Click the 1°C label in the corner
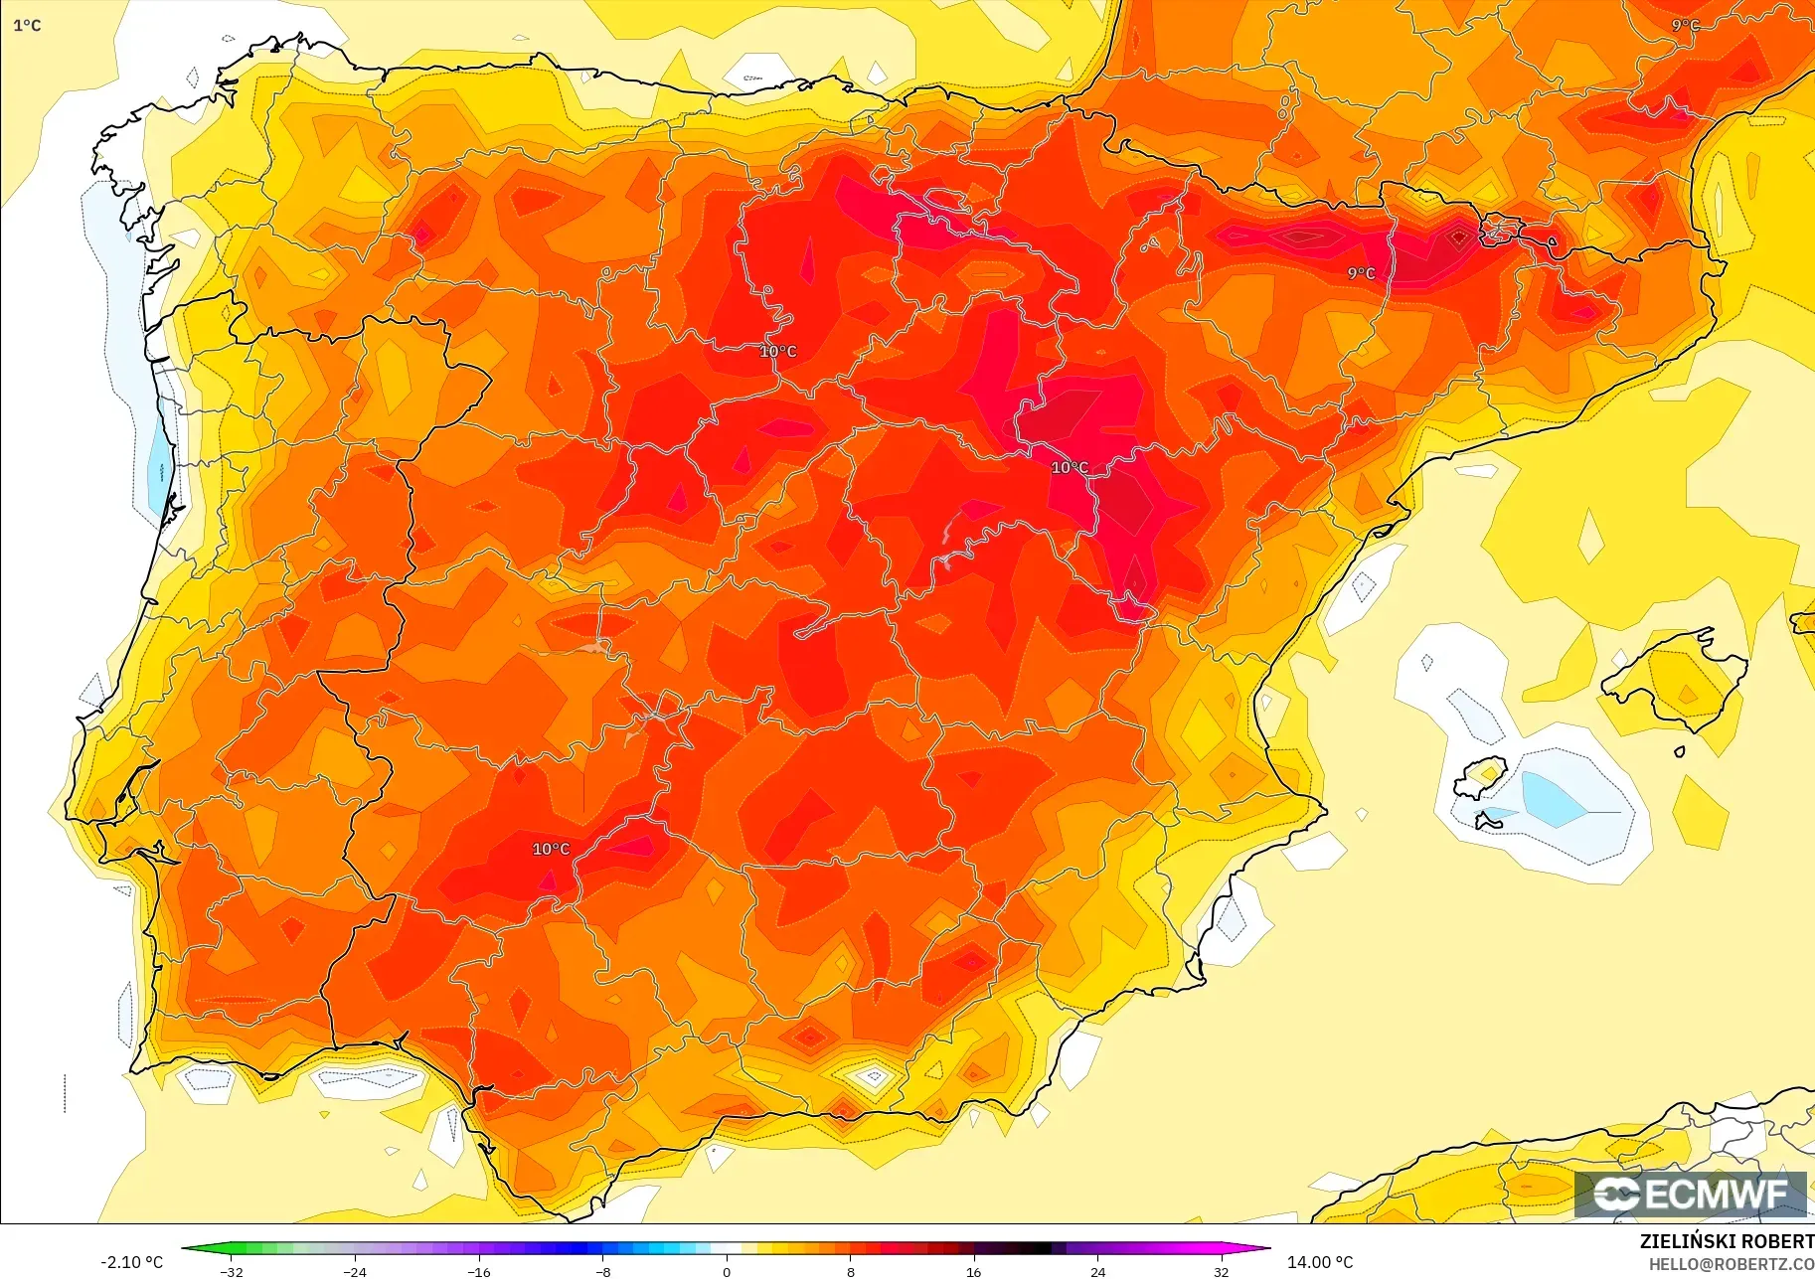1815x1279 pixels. [27, 25]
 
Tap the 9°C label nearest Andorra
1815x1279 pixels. [1361, 273]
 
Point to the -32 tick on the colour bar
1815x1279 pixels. [232, 1271]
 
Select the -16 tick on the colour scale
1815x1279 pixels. [479, 1271]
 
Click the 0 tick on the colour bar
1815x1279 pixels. [727, 1271]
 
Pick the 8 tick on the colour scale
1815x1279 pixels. [850, 1271]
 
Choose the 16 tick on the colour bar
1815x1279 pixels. [973, 1271]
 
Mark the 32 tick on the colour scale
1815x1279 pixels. [1221, 1271]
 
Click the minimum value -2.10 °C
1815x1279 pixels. [131, 1262]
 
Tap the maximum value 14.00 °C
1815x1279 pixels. [1320, 1262]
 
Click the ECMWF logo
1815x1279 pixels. [1690, 1194]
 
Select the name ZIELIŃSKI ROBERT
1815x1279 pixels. [1726, 1241]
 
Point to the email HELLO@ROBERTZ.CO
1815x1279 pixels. [1731, 1264]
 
